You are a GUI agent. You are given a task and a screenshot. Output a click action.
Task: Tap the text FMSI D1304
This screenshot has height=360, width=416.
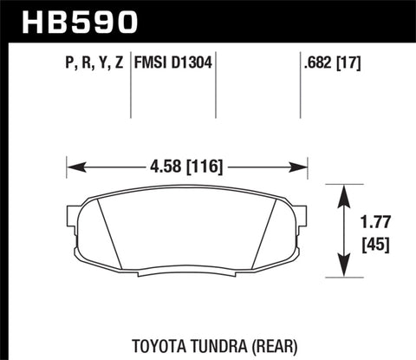(x=173, y=62)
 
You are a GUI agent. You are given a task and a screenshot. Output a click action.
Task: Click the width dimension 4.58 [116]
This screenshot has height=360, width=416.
(x=187, y=161)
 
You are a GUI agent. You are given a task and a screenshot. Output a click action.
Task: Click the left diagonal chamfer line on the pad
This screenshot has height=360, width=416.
(x=108, y=230)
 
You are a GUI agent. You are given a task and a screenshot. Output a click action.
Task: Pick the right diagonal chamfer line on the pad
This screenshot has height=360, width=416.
(x=268, y=230)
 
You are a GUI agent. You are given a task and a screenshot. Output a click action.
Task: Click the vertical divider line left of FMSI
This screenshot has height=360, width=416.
(x=131, y=87)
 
